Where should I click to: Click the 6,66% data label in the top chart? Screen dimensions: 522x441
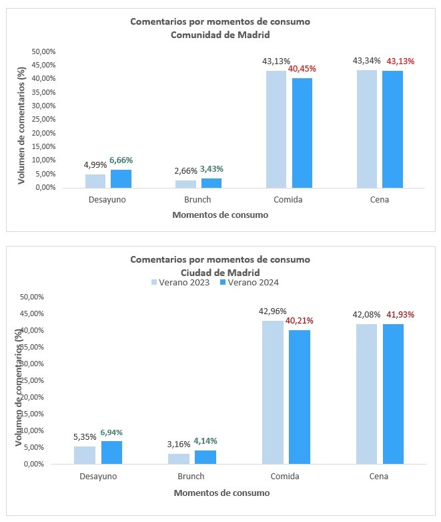[x=121, y=160]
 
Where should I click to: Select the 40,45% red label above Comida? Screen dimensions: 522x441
[x=302, y=68]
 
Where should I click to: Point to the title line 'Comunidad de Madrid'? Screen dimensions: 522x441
[x=220, y=35]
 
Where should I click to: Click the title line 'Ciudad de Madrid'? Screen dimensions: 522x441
[x=220, y=272]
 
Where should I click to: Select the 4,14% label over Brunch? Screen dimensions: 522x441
[x=205, y=441]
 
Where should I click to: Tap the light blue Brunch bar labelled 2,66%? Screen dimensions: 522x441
[x=185, y=184]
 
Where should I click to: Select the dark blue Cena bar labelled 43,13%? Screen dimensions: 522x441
[x=392, y=129]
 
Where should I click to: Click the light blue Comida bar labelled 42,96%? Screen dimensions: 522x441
[x=272, y=392]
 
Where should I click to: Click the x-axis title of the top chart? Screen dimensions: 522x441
[x=220, y=215]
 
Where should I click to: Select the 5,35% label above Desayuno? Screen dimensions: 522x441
[x=85, y=438]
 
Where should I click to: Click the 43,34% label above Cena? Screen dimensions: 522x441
[x=367, y=61]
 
